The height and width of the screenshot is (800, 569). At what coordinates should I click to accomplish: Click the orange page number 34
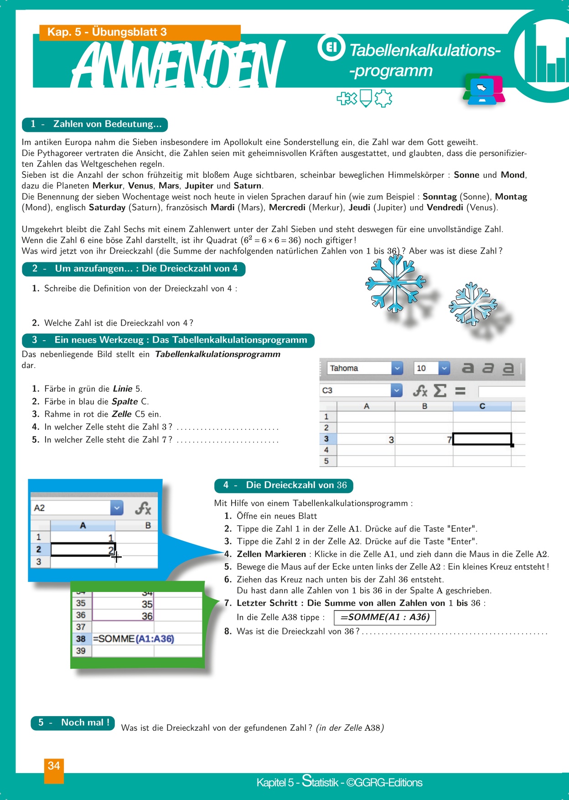click(x=54, y=766)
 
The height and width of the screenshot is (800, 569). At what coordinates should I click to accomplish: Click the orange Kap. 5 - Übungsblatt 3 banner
click(x=140, y=32)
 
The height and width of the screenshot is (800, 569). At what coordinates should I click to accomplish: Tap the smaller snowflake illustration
click(x=472, y=304)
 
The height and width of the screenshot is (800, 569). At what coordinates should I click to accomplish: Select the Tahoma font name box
click(x=360, y=368)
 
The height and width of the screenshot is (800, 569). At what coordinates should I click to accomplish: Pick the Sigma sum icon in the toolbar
click(x=440, y=390)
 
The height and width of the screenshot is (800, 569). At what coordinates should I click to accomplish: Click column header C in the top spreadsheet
click(x=482, y=406)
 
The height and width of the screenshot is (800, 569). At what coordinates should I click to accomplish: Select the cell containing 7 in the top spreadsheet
click(x=424, y=439)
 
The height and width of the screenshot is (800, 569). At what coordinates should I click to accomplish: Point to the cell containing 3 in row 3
click(x=366, y=439)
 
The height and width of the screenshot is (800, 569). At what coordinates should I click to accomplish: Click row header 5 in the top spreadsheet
click(x=326, y=461)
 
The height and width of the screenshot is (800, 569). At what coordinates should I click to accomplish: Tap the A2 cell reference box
click(x=71, y=508)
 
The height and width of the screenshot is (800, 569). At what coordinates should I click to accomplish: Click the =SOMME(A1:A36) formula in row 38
click(x=134, y=639)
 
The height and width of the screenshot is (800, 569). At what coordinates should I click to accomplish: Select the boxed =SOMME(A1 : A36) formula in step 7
click(x=385, y=617)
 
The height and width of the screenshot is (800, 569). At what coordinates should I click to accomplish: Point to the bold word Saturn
click(x=248, y=186)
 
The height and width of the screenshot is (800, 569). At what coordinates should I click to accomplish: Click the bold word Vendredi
click(x=445, y=208)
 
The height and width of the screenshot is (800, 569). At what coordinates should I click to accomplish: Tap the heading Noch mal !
click(x=73, y=722)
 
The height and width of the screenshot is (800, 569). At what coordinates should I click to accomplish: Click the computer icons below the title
click(x=484, y=88)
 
